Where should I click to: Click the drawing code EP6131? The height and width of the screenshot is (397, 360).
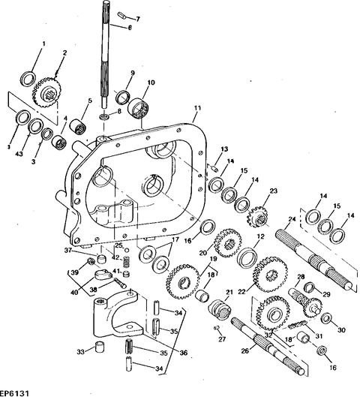(16, 391)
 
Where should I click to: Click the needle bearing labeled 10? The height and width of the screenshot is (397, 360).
(139, 110)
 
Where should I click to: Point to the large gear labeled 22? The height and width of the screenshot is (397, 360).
(266, 267)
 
